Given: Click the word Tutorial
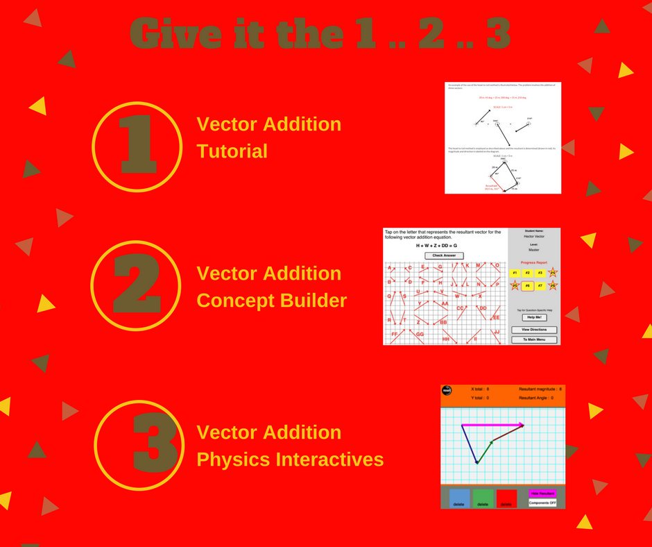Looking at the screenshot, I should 232,151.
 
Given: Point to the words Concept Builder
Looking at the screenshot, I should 271,301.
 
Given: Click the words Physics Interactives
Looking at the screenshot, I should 290,460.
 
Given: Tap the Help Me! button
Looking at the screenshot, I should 533,317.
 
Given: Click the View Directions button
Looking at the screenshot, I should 533,330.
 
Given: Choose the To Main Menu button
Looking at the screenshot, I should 533,340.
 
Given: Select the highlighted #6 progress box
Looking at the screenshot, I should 527,285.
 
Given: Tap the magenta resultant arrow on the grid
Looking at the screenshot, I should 492,424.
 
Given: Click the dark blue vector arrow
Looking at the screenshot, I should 469,444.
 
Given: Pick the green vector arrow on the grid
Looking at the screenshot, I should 484,451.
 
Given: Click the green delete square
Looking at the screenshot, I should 483,499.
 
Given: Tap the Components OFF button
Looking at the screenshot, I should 542,502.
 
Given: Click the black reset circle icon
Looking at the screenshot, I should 447,390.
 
